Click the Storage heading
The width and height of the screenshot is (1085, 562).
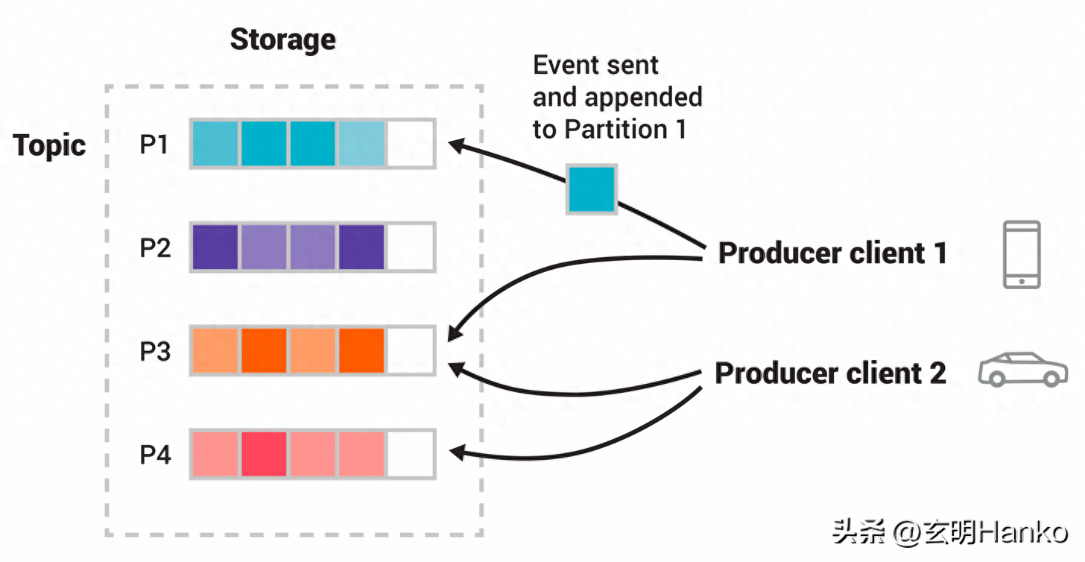tap(283, 40)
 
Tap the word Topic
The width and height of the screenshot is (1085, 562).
tap(49, 145)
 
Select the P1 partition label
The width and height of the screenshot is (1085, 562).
tap(154, 145)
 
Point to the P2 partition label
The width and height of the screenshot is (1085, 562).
tap(155, 247)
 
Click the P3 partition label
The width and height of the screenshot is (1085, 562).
tap(155, 351)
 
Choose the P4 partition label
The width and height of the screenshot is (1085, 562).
tap(155, 455)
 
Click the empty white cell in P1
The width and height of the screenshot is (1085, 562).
tap(411, 144)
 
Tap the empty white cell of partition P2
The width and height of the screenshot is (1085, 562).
tap(411, 247)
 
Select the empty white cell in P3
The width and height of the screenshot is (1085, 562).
tap(411, 351)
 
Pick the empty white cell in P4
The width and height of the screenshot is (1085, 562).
tap(411, 454)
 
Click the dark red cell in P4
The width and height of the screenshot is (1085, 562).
tap(264, 454)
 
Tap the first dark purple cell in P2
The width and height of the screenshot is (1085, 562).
tap(215, 247)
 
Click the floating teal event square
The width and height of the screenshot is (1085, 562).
tap(592, 189)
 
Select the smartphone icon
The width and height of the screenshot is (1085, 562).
tap(1022, 254)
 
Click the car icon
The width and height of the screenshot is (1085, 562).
tap(1023, 369)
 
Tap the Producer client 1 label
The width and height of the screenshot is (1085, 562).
tap(832, 253)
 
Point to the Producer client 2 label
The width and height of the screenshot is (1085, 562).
tap(830, 373)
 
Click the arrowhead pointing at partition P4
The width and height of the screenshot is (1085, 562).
tap(457, 452)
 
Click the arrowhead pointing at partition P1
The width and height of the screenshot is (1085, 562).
tap(456, 145)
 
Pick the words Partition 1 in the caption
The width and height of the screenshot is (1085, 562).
tap(626, 130)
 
